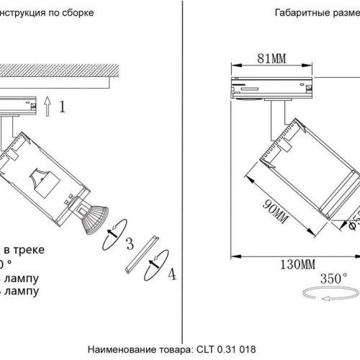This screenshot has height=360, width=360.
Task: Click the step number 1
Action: click(x=63, y=108)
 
